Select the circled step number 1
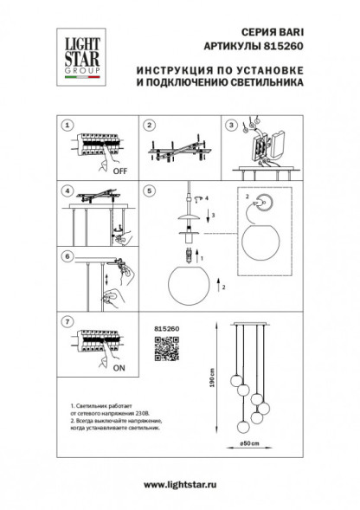[65, 125]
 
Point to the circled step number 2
[149, 125]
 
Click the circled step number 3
[231, 125]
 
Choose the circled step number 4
[65, 190]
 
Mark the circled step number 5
[149, 190]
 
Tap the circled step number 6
[65, 256]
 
